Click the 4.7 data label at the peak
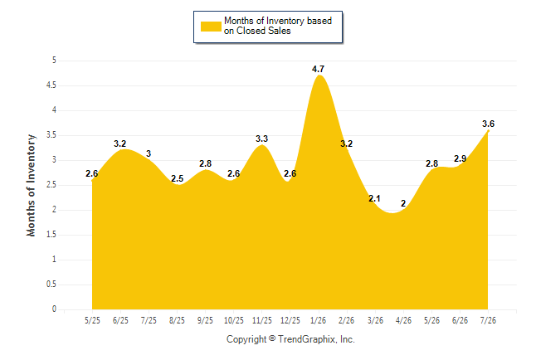318,69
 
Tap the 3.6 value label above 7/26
488,124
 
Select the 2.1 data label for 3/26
374,198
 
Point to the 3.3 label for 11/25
262,139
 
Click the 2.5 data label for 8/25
177,178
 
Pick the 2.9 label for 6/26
460,158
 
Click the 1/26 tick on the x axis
319,320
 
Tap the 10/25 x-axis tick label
234,320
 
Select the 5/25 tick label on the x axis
92,320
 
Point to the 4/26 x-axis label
403,320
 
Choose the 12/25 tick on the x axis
290,320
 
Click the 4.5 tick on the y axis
51,85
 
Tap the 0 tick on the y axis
54,309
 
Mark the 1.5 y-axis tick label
51,235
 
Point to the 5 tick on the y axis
54,61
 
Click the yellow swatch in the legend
211,27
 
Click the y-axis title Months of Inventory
31,185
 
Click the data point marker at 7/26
488,130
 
